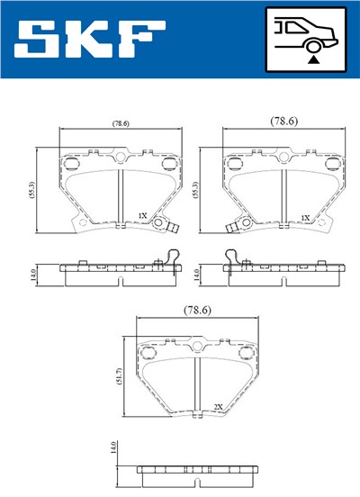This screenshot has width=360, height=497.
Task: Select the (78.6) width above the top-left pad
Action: tap(120, 122)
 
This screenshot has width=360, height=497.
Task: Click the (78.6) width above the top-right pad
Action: tap(284, 119)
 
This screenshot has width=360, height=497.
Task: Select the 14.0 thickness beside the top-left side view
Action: tap(32, 271)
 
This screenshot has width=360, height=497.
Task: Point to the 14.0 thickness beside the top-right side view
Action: tap(198, 271)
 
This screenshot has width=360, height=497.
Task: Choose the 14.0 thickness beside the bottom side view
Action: tap(113, 449)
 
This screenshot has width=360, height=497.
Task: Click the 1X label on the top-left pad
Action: tap(142, 217)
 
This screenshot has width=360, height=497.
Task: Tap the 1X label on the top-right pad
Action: tap(307, 217)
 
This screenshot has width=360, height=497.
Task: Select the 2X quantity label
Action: tap(218, 407)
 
